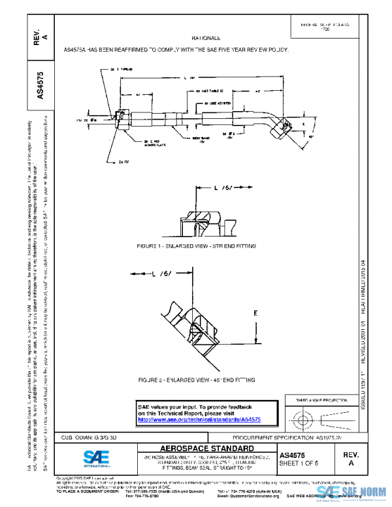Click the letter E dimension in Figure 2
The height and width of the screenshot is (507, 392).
pyautogui.click(x=255, y=313)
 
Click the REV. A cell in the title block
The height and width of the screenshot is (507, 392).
pyautogui.click(x=350, y=457)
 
